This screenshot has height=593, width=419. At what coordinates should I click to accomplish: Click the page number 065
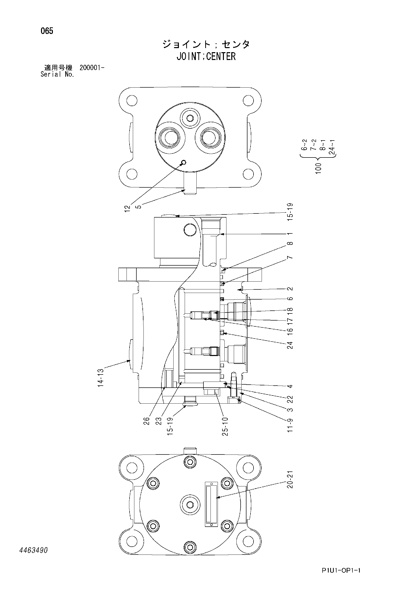47,31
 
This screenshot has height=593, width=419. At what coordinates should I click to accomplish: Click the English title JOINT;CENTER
206,56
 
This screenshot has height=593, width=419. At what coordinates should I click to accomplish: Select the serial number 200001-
92,68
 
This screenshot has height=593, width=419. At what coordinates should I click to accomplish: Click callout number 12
127,208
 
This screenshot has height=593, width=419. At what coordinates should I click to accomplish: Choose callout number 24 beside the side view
290,345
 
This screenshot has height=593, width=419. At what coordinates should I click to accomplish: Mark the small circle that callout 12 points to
184,162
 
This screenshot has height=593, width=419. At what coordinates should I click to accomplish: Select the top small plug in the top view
190,118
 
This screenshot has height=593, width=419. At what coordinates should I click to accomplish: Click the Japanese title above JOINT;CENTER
206,44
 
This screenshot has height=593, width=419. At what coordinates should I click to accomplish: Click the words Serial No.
57,74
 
